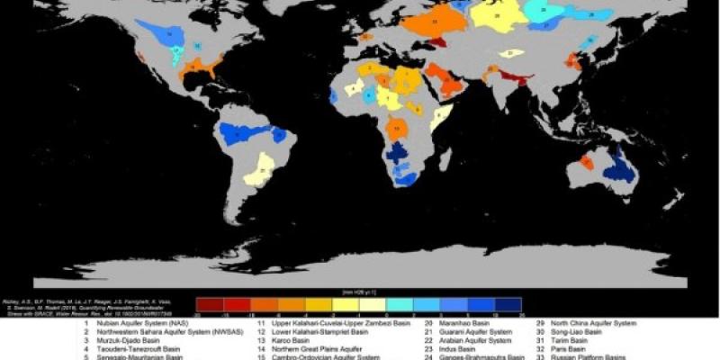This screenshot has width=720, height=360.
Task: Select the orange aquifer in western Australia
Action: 587,163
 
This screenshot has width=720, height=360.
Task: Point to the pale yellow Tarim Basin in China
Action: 511,54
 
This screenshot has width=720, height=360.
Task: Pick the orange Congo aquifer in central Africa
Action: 398,129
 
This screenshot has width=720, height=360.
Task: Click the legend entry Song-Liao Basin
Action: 577,331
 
